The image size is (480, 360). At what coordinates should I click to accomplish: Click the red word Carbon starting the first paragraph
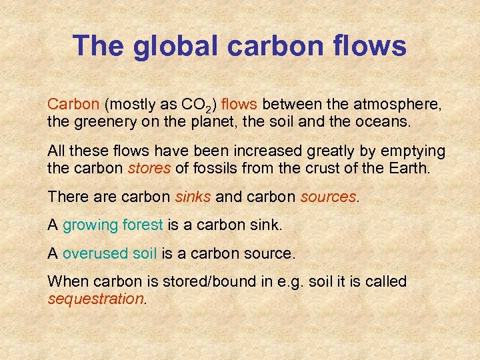[x=74, y=105]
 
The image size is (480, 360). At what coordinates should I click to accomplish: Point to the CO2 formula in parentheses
[x=197, y=105]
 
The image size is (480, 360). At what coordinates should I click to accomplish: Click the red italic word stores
[x=149, y=169]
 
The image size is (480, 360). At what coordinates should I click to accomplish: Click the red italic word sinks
[x=192, y=197]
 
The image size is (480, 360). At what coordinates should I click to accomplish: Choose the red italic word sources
[x=328, y=197]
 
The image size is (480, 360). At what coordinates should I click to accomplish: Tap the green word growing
[x=90, y=226]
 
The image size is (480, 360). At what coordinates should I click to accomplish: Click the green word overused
[x=95, y=254]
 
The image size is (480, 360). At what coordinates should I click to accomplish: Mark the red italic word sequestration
[x=96, y=299]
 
